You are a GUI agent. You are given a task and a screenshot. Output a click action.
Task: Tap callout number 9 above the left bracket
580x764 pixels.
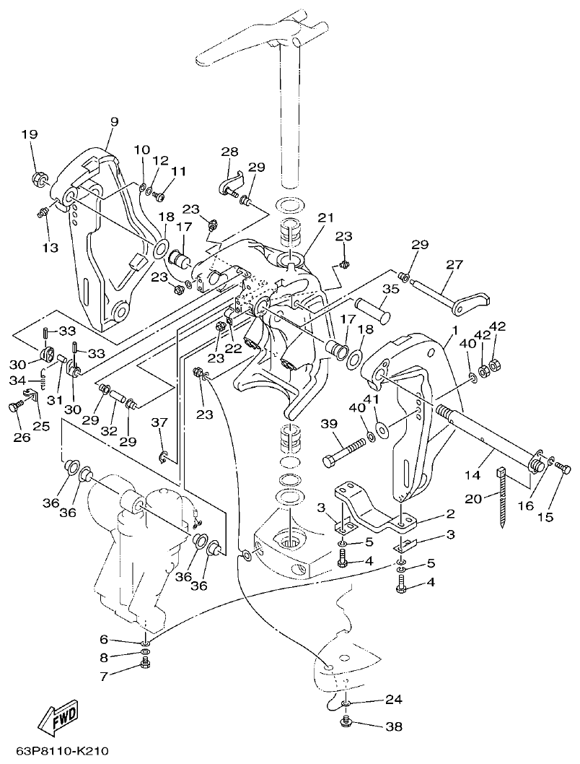tap(113, 123)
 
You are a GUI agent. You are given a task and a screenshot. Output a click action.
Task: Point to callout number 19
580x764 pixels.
tap(28, 134)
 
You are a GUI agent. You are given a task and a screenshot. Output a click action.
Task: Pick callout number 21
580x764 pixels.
tap(327, 219)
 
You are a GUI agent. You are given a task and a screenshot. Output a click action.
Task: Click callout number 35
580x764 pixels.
tap(390, 289)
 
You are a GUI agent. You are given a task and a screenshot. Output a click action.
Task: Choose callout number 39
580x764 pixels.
tap(328, 422)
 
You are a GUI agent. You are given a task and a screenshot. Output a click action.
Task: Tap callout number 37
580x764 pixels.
tap(159, 422)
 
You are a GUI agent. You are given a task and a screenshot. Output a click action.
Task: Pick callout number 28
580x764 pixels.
tap(229, 152)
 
